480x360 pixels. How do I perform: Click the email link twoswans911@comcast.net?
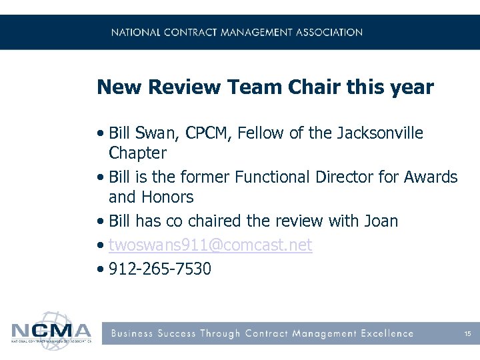coord(210,245)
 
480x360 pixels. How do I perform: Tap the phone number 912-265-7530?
coord(159,269)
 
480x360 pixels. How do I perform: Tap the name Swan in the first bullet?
coord(154,133)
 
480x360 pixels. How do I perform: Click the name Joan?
coord(379,221)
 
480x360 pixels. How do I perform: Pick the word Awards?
coord(432,177)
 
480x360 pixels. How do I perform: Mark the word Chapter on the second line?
coord(137,153)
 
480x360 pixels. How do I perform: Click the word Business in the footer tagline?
coord(133,333)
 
